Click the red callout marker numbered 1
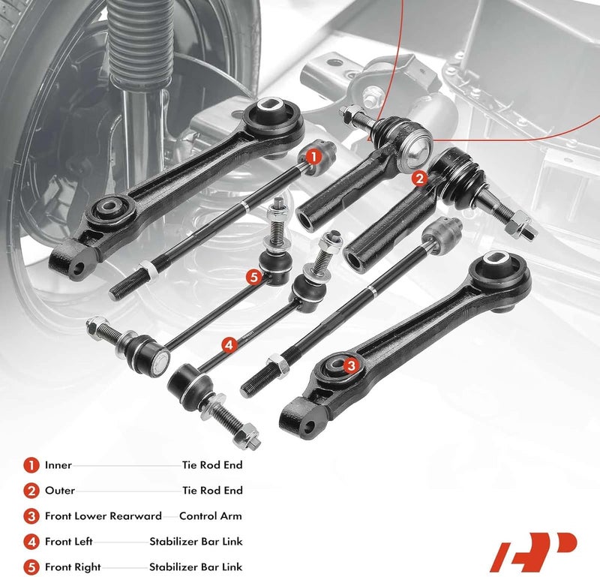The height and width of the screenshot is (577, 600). click(x=313, y=158)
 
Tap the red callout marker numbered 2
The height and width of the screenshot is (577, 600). click(x=419, y=178)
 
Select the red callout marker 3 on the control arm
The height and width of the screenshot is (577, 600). click(x=350, y=365)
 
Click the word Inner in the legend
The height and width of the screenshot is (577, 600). click(x=58, y=465)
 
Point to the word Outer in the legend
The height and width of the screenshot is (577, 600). click(x=60, y=491)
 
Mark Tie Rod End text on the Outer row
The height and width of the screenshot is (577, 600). click(x=212, y=491)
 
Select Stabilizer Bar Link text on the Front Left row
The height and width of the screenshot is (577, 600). click(x=196, y=542)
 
